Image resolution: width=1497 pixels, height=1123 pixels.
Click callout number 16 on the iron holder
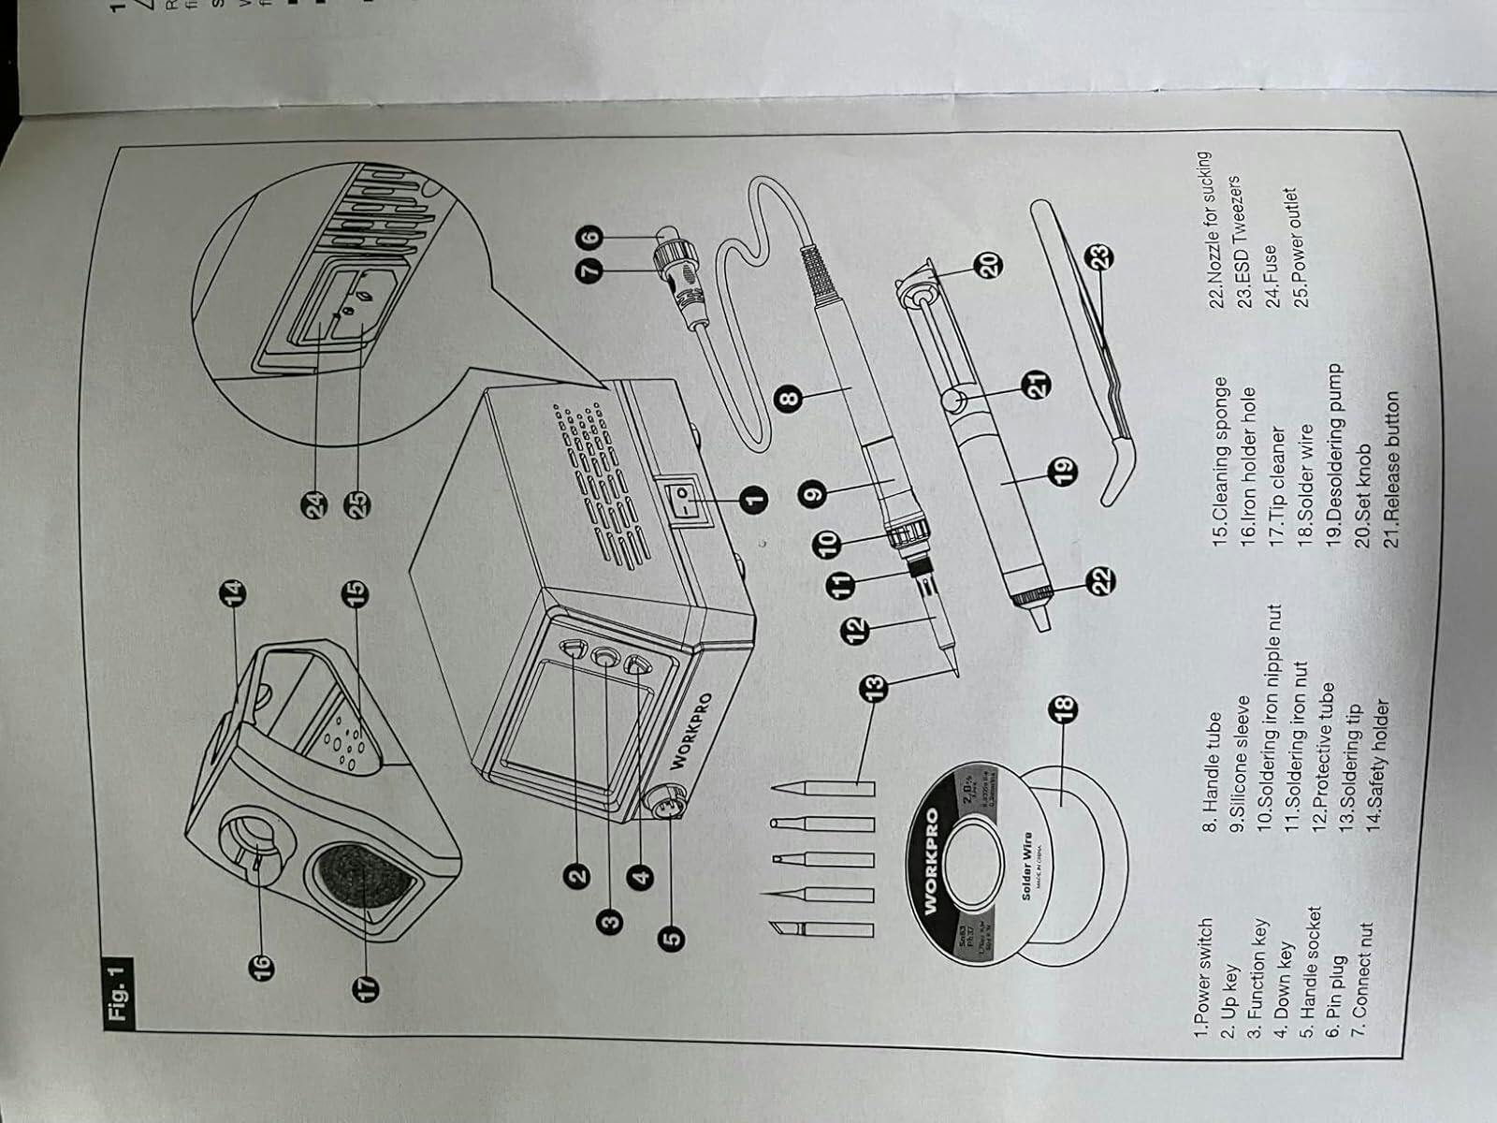point(258,961)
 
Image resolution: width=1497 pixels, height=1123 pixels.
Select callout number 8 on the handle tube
point(790,399)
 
